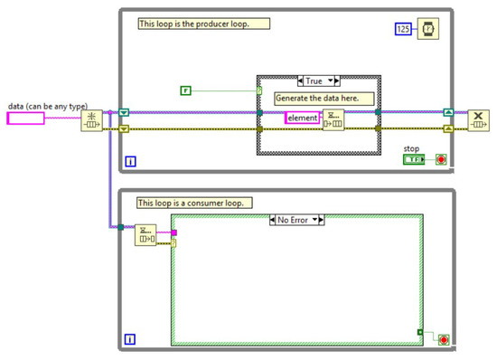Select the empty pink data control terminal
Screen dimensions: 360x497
[x=38, y=118]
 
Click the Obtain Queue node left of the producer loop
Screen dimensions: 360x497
[x=93, y=120]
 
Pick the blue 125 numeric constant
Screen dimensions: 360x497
[x=403, y=31]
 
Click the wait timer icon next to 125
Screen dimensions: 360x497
[x=428, y=31]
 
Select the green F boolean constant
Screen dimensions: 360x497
[x=185, y=90]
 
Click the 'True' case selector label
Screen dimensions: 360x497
[x=317, y=81]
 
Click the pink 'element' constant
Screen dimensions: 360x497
[x=301, y=118]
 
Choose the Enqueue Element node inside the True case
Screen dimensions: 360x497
[x=333, y=119]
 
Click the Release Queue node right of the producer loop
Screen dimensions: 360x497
[x=477, y=120]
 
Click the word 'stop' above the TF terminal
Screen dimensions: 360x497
[x=412, y=147]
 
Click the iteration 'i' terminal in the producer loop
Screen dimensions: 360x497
[x=129, y=162]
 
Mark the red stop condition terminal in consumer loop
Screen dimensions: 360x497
[x=442, y=339]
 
